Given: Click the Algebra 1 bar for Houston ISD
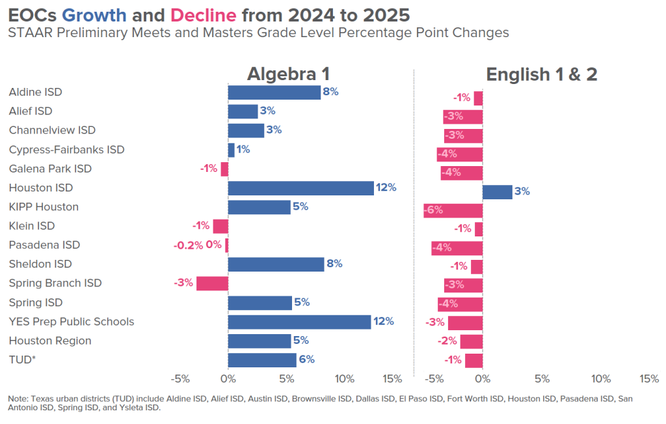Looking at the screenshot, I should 300,188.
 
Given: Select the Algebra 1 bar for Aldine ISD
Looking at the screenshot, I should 274,92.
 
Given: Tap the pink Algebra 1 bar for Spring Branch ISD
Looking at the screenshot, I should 212,283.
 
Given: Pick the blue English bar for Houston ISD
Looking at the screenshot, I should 497,191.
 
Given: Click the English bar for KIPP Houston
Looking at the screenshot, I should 453,210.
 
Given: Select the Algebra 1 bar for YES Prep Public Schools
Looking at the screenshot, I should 299,322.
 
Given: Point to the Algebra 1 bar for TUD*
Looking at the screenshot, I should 262,360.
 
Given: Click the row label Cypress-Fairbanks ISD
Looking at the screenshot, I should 66,150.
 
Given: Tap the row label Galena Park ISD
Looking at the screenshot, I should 50,169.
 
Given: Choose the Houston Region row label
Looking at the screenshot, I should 50,341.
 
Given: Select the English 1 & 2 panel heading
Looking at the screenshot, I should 541,74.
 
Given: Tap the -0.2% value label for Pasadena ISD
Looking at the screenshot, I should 187,246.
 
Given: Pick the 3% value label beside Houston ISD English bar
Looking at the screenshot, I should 522,191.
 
